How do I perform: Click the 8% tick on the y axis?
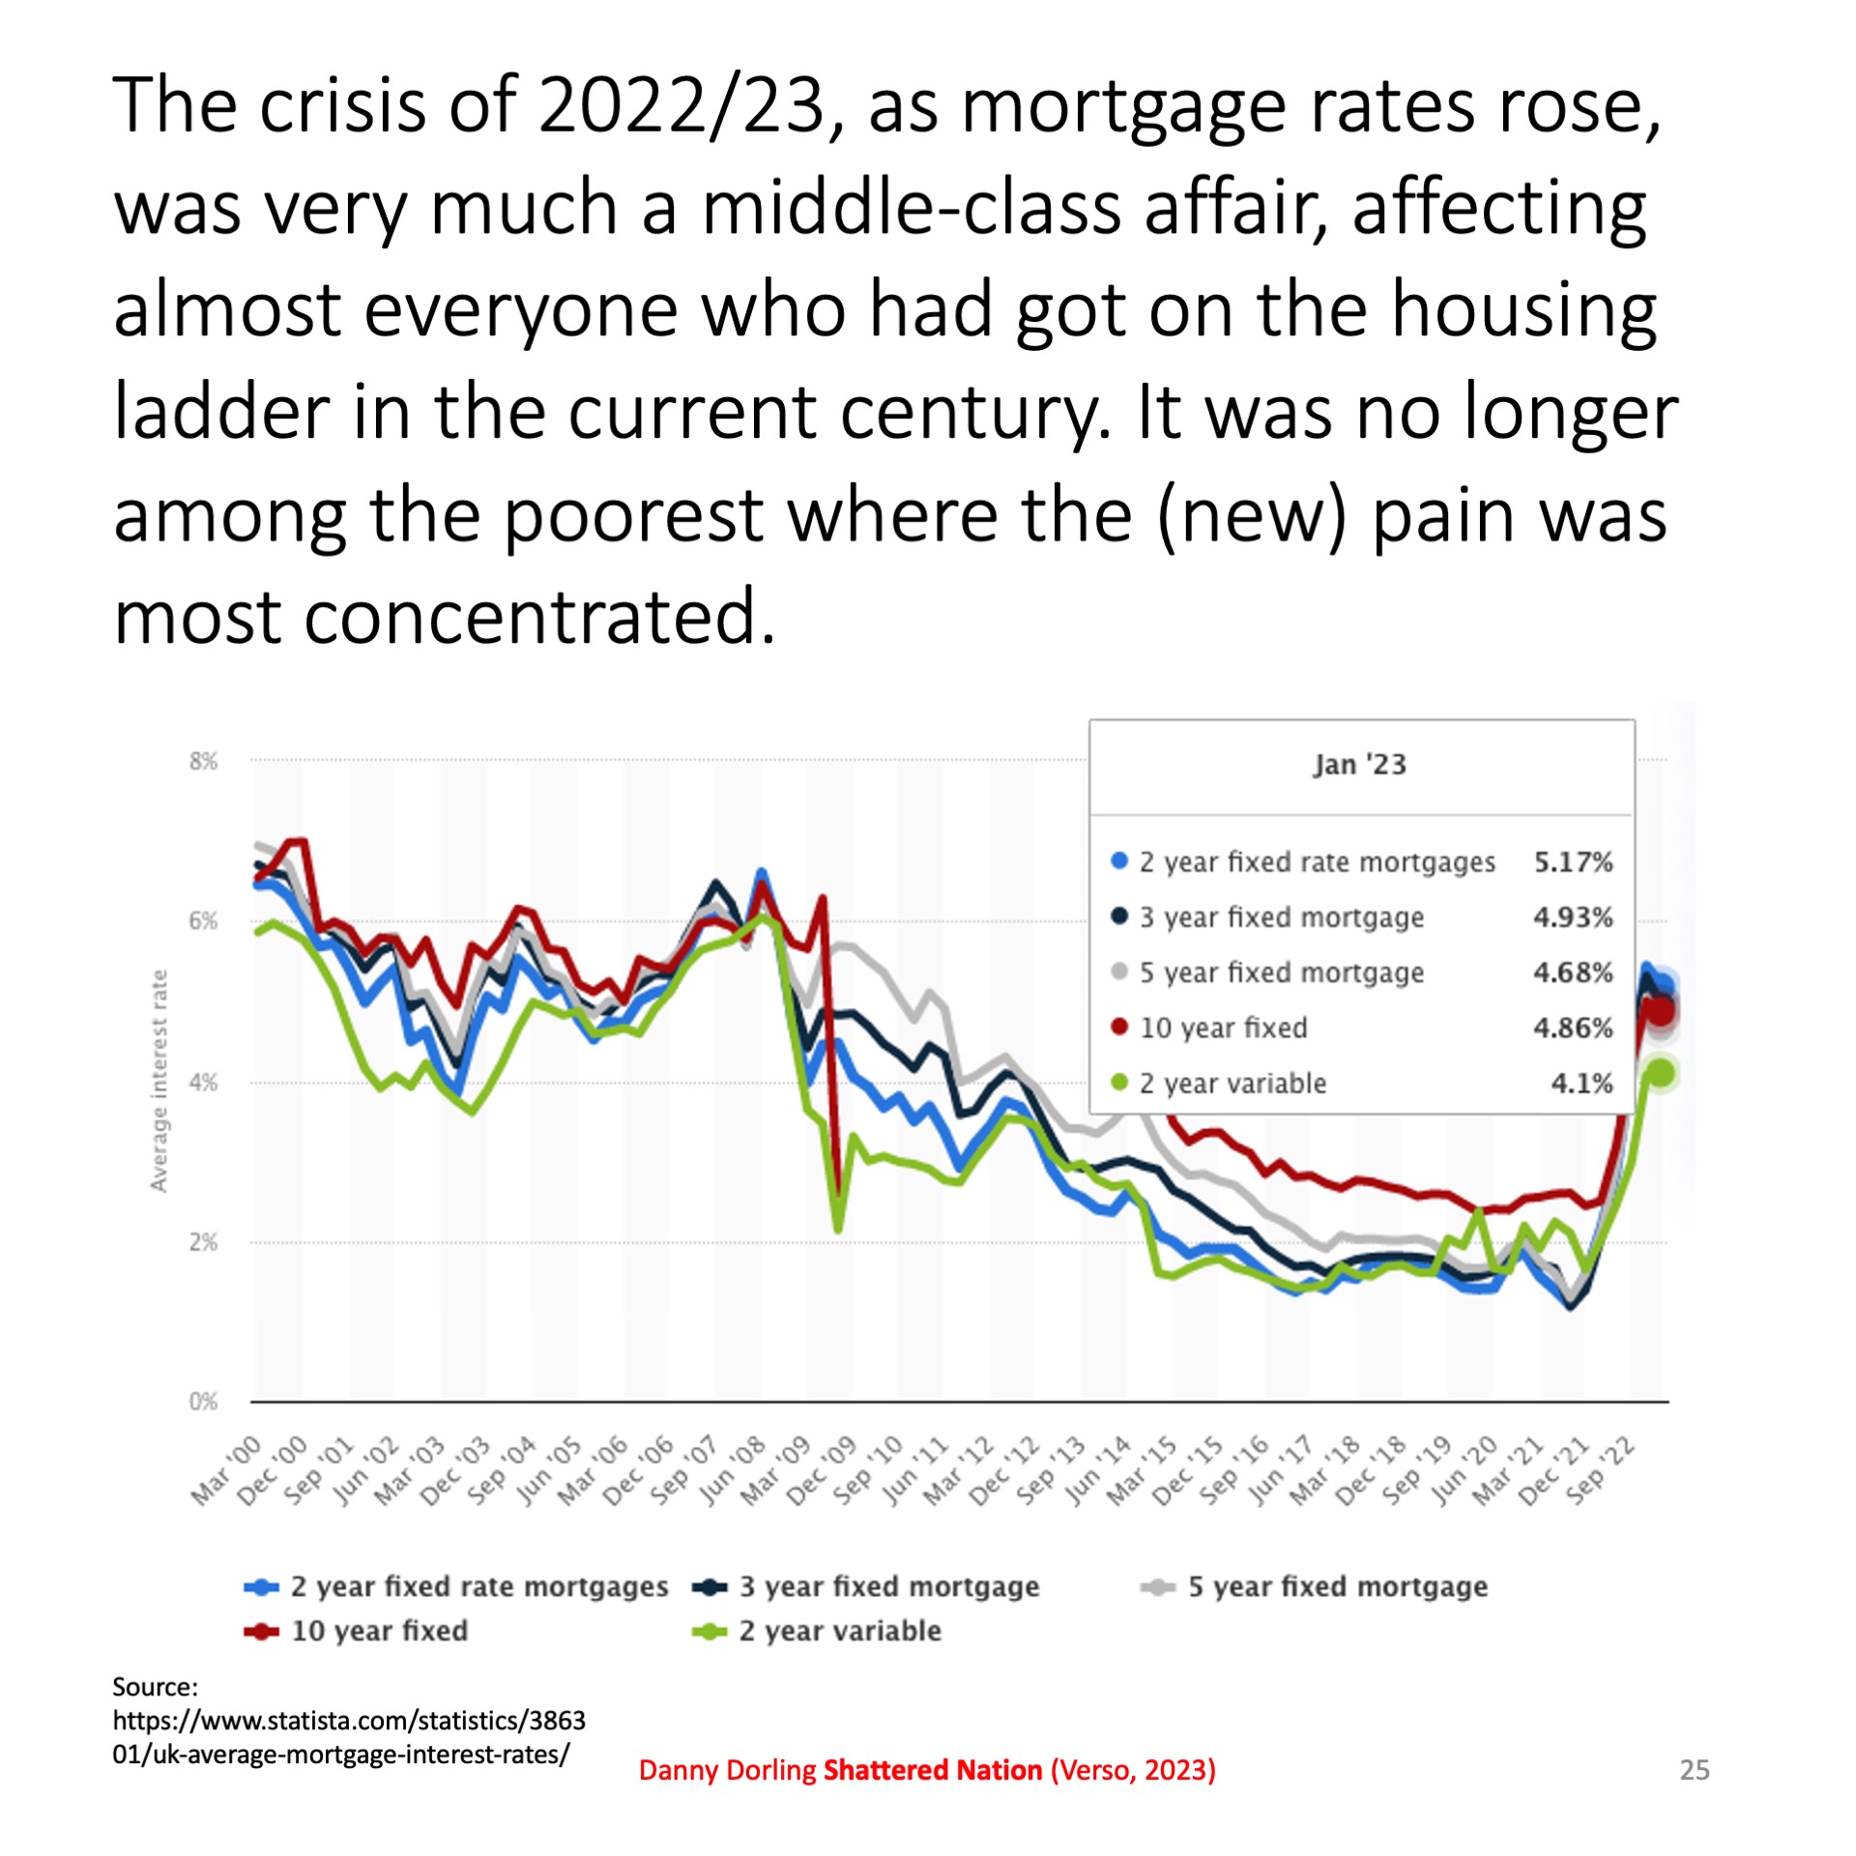coord(203,761)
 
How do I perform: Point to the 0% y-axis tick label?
coord(203,1401)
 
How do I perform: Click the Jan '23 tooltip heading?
coord(1359,765)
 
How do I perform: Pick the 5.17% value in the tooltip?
coord(1573,861)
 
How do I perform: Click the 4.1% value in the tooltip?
coord(1581,1083)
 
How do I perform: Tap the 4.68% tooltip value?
coord(1573,971)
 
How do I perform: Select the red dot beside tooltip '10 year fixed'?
coord(1119,1027)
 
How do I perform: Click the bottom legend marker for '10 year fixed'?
coord(261,1632)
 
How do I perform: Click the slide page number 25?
coord(1695,1770)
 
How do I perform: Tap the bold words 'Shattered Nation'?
coord(932,1770)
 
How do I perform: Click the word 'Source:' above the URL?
coord(155,1687)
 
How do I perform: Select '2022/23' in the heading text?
coord(681,104)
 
